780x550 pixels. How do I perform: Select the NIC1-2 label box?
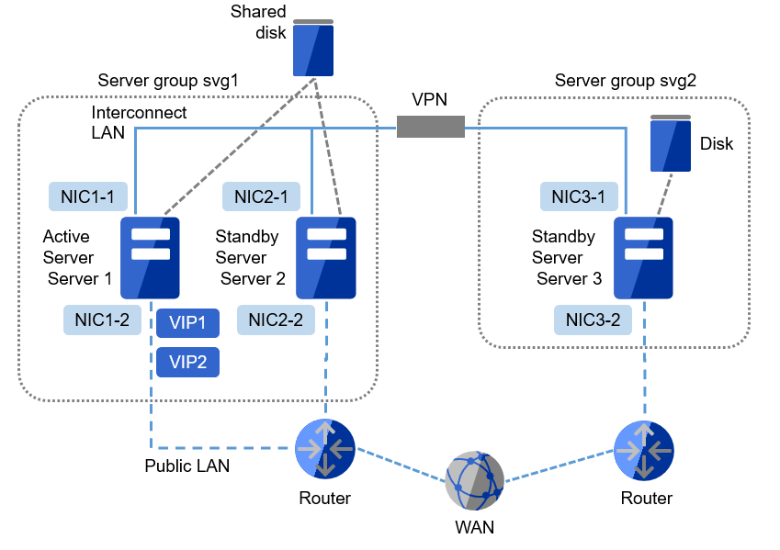coord(102,320)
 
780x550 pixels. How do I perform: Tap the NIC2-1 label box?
coord(261,196)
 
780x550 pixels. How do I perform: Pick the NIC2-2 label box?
coord(276,320)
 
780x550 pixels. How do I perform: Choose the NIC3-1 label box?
coord(579,196)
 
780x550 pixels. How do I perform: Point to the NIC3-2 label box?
coord(593,320)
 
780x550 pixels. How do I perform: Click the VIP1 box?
coord(187,323)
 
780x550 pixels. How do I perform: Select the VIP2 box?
coord(187,362)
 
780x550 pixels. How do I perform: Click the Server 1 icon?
coord(150,257)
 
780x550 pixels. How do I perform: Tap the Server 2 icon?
coord(325,257)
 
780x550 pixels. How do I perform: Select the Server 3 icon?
coord(643,257)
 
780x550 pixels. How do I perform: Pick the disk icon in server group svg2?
coord(670,144)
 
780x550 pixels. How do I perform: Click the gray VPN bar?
coord(430,127)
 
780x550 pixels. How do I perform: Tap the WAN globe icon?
coord(474,480)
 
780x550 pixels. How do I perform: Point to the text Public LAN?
coord(187,466)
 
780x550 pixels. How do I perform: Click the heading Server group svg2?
coord(625,81)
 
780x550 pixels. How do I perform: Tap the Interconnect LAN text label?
coord(139,121)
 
